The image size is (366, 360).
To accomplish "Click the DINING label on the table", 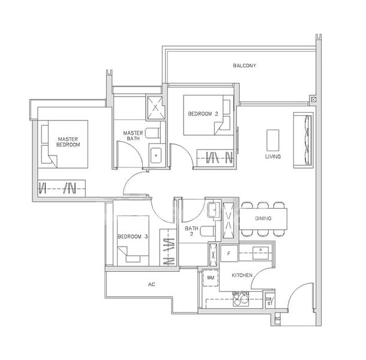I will click(263, 219).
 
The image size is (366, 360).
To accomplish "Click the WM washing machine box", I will click(211, 278).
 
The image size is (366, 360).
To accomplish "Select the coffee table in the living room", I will click(273, 139).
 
